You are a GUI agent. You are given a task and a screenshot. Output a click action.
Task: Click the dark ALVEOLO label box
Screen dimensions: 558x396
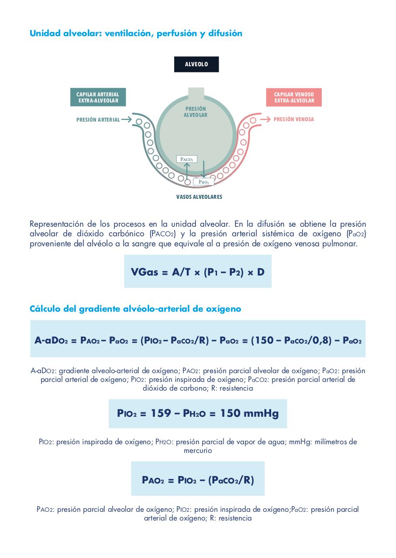coord(196,64)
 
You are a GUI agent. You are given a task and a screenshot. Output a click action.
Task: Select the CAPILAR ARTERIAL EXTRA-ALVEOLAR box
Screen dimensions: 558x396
coord(98,97)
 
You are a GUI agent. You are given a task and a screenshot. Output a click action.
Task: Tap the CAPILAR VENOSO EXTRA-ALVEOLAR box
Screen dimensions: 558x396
coord(294,97)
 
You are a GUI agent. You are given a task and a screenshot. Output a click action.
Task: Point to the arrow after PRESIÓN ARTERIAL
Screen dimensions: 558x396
coord(126,119)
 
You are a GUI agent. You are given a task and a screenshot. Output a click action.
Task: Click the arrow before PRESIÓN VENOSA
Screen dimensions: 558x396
coord(265,119)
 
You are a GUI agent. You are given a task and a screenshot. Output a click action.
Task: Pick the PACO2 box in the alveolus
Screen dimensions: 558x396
coord(186,159)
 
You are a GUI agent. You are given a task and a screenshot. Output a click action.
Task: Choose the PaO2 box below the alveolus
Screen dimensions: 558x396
coord(203,182)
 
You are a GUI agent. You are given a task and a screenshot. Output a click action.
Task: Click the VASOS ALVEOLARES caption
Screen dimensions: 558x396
coord(199,197)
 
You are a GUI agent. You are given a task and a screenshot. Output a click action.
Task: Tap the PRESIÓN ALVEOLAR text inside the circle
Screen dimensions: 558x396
coord(195,112)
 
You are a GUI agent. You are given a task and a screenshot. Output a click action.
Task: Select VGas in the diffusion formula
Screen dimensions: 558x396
coord(145,272)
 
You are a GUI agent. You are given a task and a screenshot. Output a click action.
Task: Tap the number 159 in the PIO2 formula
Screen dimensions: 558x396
coord(161,413)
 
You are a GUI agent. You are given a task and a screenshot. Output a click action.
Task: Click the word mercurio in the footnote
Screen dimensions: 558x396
coord(198,450)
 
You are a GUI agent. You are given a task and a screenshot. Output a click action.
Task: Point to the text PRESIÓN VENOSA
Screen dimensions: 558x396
coord(294,119)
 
